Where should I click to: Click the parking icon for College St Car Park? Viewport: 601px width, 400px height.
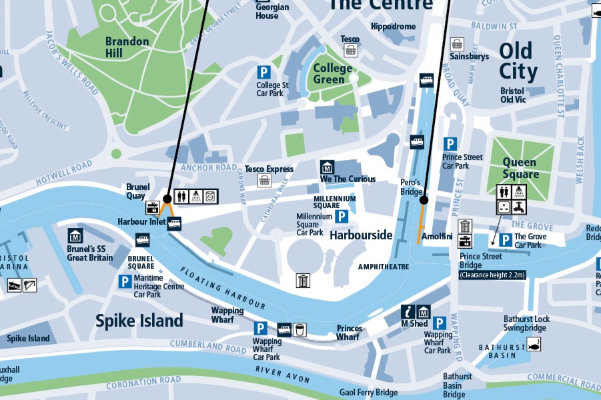coord(264,72)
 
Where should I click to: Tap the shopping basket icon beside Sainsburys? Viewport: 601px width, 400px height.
coord(457,44)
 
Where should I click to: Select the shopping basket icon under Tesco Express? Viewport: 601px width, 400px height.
coord(265,180)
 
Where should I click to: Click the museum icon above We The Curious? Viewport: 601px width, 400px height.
coord(327,167)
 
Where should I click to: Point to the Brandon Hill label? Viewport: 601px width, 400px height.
coord(127,47)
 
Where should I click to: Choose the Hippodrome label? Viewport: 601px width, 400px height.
coord(393,27)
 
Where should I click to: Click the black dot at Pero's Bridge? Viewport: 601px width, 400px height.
coord(423,199)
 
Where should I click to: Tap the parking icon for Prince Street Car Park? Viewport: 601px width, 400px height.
coord(450,144)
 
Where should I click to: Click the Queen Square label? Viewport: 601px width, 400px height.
coord(520,168)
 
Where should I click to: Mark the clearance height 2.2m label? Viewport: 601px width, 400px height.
coord(492,274)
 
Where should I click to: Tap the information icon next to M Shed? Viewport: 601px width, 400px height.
coord(408,311)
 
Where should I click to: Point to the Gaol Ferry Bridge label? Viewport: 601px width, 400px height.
coord(368,393)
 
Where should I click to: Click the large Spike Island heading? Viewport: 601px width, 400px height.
coord(139,321)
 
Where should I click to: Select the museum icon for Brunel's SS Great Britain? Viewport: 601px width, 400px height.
coord(75,235)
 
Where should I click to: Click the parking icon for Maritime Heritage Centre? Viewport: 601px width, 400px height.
coord(125,282)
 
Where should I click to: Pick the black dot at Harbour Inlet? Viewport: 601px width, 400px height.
coord(167,199)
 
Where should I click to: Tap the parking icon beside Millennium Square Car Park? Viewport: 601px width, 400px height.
coord(342,216)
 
